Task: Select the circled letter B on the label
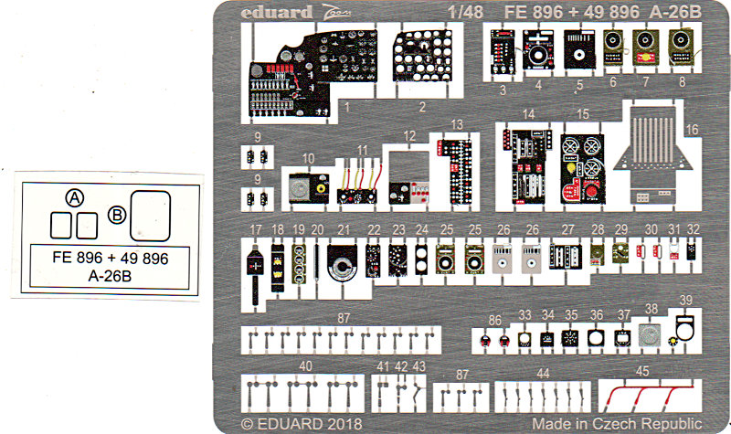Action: [116, 215]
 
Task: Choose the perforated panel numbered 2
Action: [422, 64]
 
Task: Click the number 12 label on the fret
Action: [410, 135]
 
